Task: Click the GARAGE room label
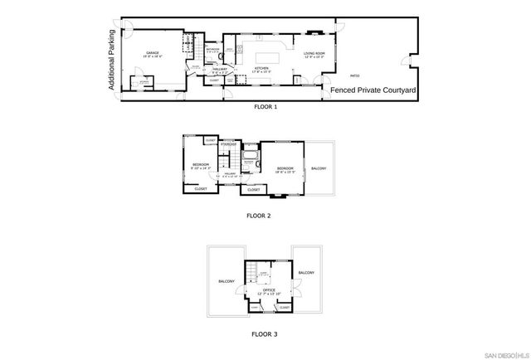[153, 52]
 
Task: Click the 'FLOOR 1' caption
[265, 107]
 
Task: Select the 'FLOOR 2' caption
[258, 215]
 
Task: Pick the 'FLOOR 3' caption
[265, 334]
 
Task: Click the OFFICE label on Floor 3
[270, 289]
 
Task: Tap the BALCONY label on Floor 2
[319, 168]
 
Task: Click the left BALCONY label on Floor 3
[227, 281]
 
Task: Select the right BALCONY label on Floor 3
[306, 272]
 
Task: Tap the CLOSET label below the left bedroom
[201, 189]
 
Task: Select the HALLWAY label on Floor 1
[220, 70]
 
